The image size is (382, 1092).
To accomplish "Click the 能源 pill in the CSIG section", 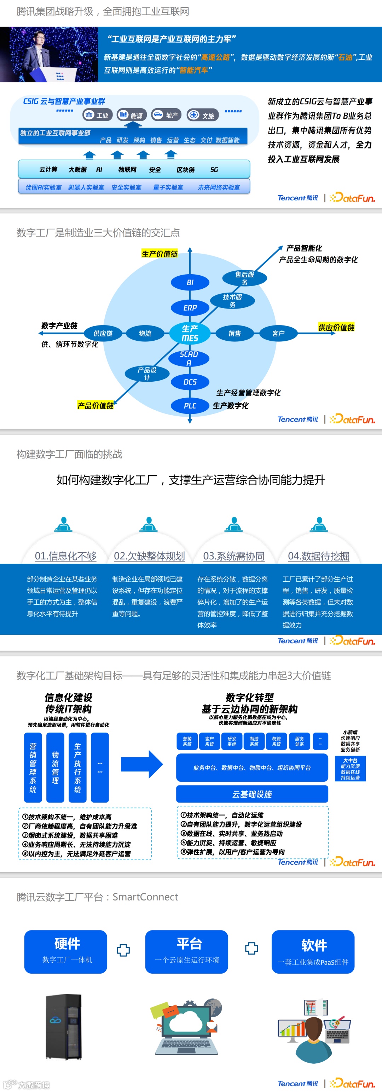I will [x=132, y=115].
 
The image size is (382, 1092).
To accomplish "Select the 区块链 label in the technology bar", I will [x=185, y=170].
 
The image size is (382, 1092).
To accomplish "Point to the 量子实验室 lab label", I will [x=168, y=187].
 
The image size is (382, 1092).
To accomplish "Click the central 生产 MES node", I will [x=190, y=333].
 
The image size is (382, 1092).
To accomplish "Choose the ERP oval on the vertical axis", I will [x=190, y=308].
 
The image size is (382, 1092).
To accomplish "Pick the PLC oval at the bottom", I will [x=190, y=406].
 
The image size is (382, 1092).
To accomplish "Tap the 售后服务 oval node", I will [x=244, y=278].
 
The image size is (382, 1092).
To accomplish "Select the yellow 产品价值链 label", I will [x=95, y=406].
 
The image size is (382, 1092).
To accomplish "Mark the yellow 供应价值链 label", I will [x=336, y=327].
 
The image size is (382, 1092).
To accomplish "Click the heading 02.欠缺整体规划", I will [x=149, y=556].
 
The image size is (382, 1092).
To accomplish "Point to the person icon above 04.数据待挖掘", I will [x=319, y=524].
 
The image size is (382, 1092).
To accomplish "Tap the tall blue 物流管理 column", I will [x=55, y=768].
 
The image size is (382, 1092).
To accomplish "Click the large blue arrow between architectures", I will [x=142, y=764].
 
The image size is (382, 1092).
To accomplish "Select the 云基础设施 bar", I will [x=252, y=794].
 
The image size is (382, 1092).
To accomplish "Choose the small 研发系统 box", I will [x=232, y=741].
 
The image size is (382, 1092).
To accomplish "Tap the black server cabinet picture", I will [x=64, y=1027].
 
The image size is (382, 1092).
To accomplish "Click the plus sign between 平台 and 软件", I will [x=251, y=948].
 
